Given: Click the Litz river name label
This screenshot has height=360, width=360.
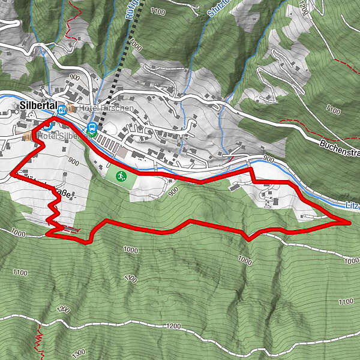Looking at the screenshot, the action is click(x=353, y=205).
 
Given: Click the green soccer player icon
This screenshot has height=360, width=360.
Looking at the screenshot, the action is click(x=121, y=176).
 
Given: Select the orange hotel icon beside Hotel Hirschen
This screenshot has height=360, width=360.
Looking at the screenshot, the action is click(x=71, y=108).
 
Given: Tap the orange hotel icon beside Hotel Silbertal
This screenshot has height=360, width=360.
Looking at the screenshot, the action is click(x=28, y=137).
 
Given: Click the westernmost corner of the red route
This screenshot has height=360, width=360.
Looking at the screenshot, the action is click(x=11, y=173).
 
